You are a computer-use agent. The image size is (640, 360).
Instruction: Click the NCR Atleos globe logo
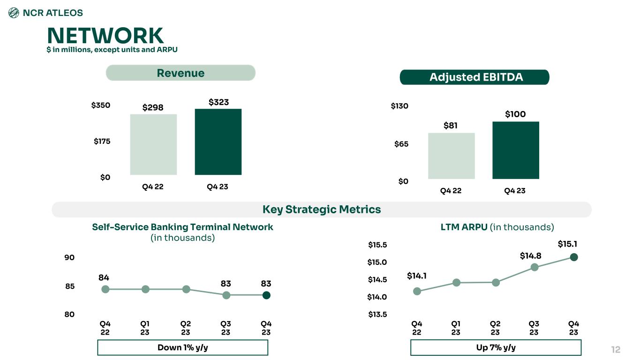point(14,13)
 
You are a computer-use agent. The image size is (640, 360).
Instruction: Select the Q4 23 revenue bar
point(218,142)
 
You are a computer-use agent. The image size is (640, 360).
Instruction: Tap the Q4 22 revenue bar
point(153,144)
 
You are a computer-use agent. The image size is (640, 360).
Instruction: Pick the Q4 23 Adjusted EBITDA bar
point(515,150)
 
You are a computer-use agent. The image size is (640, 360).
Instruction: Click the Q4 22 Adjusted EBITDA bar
point(451,156)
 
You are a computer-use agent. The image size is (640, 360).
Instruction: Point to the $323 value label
point(218,102)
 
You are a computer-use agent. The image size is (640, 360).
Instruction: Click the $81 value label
point(451,125)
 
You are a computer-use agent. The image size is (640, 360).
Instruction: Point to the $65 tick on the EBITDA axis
point(401,144)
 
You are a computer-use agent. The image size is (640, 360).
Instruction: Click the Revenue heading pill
point(181,73)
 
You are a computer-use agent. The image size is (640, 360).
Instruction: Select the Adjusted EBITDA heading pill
point(474,77)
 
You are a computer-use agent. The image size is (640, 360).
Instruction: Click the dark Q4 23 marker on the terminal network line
point(266,295)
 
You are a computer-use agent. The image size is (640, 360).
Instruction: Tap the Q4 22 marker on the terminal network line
point(105,289)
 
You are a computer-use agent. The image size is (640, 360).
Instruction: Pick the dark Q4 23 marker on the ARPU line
point(574,257)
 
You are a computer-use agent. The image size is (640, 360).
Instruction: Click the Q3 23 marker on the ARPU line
point(534,267)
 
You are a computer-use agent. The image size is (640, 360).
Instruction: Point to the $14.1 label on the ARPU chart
point(416,276)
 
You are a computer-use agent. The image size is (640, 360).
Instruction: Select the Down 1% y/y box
point(182,348)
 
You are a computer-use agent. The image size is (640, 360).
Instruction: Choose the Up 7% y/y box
point(496,348)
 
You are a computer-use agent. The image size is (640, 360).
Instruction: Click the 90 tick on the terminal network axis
point(69,258)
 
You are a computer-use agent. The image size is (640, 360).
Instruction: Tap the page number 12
point(616,350)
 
